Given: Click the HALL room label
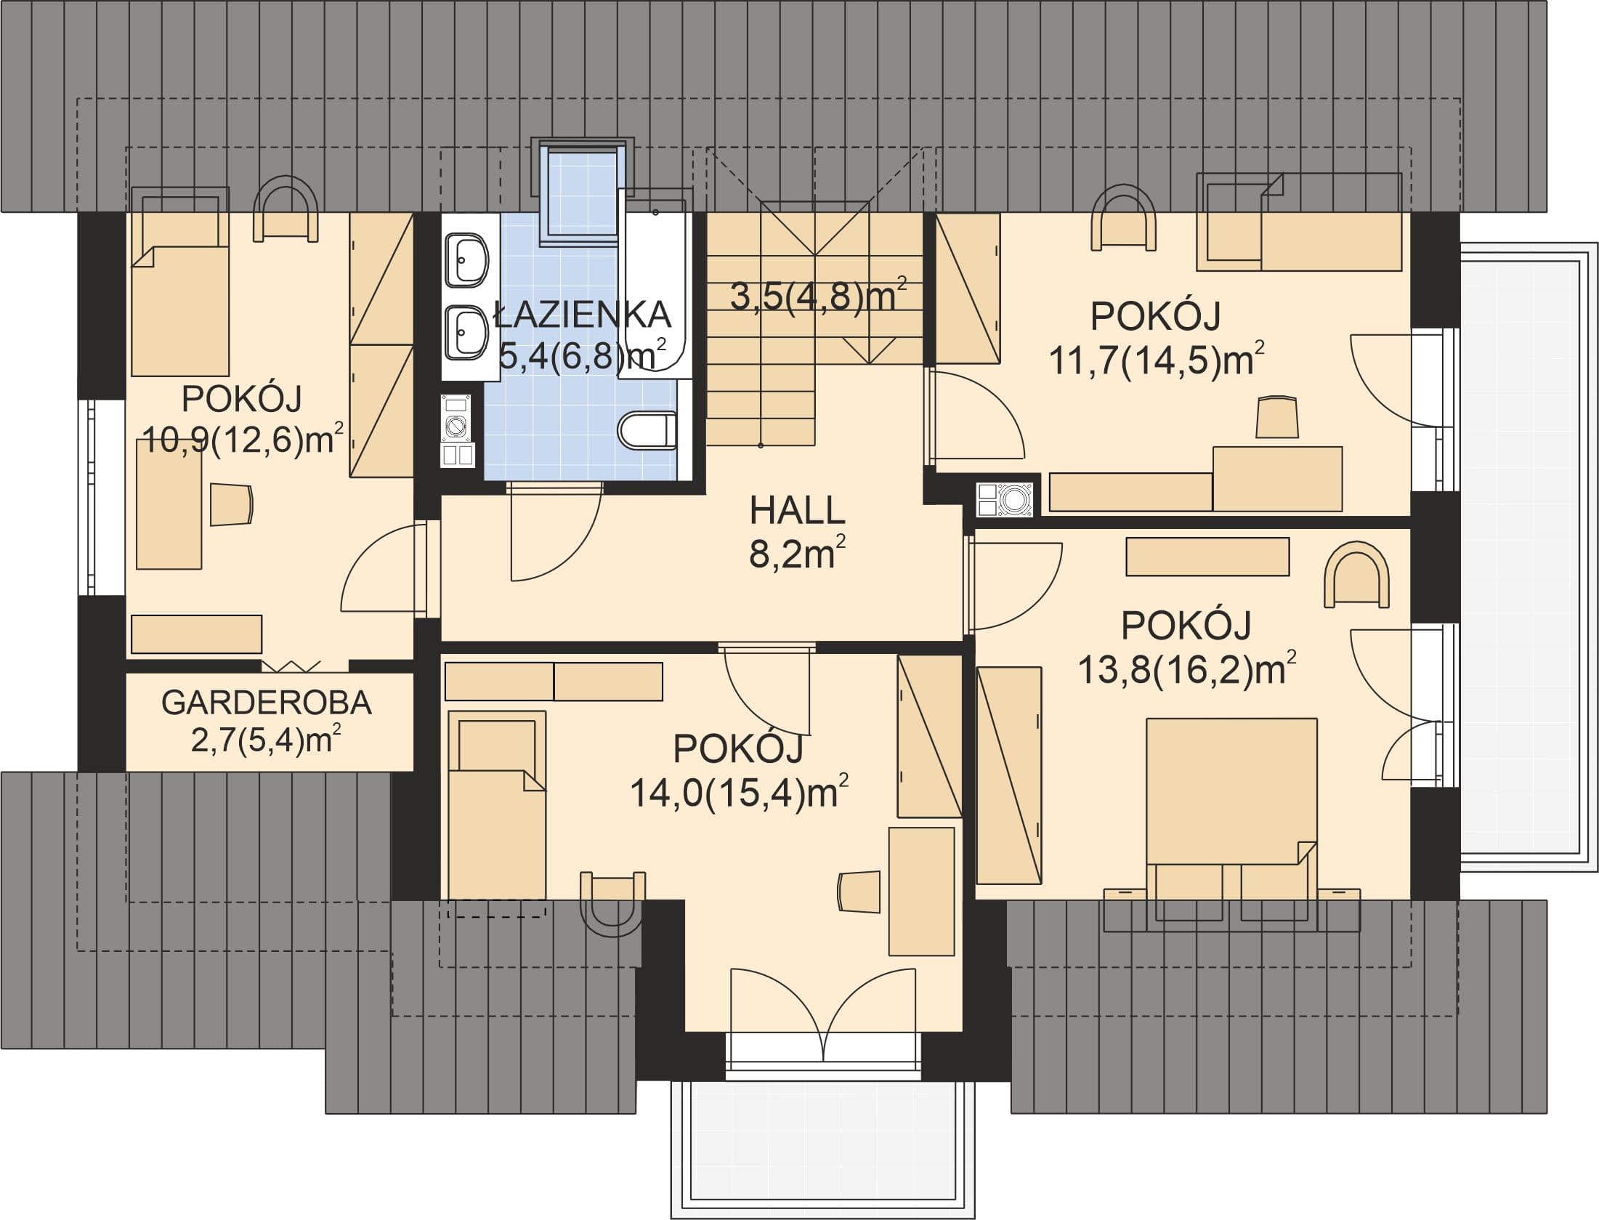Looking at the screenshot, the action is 798,511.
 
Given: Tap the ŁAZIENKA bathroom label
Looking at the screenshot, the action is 581,315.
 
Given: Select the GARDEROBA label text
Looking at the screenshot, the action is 267,703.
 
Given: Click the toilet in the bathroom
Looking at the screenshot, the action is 647,431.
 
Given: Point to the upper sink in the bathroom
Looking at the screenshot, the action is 466,260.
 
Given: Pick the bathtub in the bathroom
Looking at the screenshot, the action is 654,283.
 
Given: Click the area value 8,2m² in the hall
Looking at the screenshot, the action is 798,554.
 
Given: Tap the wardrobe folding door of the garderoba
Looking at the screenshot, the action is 291,666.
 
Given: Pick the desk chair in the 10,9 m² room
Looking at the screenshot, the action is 232,504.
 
